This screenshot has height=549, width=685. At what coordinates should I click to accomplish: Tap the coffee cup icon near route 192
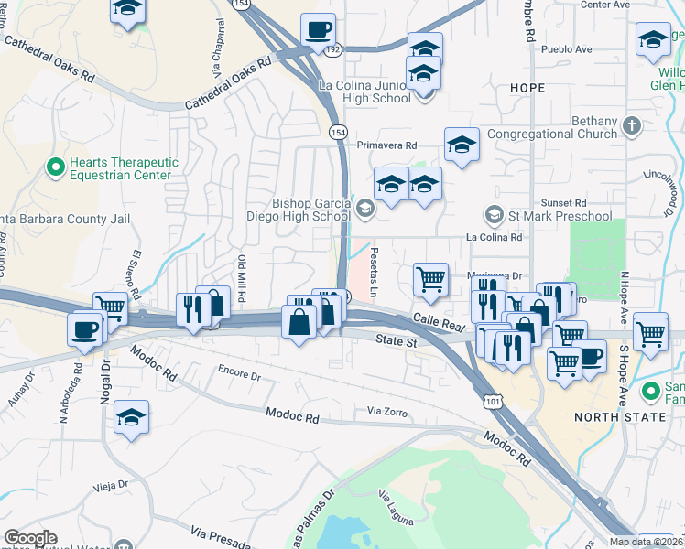pyautogui.click(x=318, y=30)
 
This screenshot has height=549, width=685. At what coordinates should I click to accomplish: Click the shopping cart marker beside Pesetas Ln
pyautogui.click(x=430, y=279)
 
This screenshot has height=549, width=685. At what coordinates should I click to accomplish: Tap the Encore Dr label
pyautogui.click(x=239, y=375)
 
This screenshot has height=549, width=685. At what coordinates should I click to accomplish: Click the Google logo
pyautogui.click(x=30, y=538)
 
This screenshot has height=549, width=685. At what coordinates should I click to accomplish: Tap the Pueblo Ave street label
pyautogui.click(x=566, y=48)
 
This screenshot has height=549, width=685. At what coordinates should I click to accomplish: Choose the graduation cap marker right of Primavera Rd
pyautogui.click(x=462, y=145)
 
